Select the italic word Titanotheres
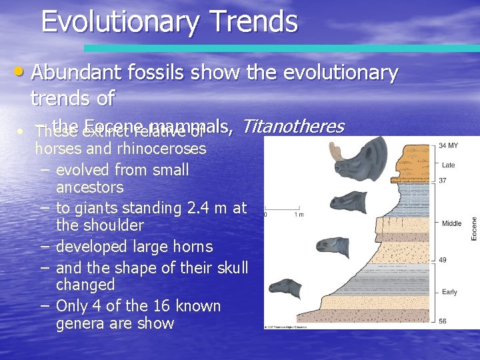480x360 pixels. [x=293, y=125]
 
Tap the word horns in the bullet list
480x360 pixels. [x=190, y=247]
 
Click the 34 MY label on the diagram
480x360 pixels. [x=448, y=145]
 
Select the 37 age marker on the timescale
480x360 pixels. [x=443, y=181]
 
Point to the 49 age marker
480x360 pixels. [x=443, y=259]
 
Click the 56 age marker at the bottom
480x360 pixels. [x=443, y=321]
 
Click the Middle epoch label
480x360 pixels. [x=451, y=223]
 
